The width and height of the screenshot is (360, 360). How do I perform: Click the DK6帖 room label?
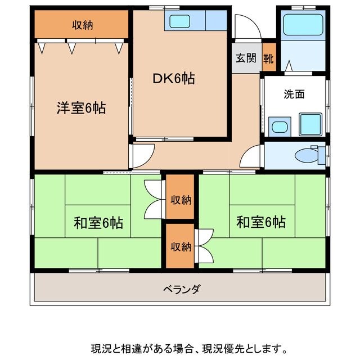[x=174, y=79]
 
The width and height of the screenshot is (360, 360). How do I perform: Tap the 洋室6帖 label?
[x=81, y=107]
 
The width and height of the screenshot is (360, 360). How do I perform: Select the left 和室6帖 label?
[x=98, y=223]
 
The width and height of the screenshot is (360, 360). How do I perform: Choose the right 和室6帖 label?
[x=260, y=222]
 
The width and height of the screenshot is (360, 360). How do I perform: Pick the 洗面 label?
[x=294, y=94]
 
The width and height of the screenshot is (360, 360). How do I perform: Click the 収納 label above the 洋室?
[x=83, y=24]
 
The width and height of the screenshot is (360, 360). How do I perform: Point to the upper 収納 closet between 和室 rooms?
[x=179, y=200]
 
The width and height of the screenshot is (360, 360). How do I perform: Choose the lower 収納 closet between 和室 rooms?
[x=179, y=246]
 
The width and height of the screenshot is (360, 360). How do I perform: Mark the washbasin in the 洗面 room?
[x=279, y=126]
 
